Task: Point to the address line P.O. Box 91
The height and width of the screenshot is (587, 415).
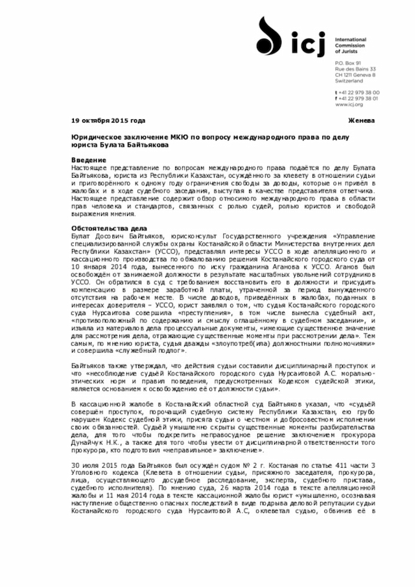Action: pyautogui.click(x=347, y=62)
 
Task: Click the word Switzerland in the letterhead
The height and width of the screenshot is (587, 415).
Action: pyautogui.click(x=348, y=81)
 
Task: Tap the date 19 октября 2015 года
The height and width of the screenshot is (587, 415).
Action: pyautogui.click(x=108, y=121)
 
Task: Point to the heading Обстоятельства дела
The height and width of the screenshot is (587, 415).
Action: pyautogui.click(x=109, y=229)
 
